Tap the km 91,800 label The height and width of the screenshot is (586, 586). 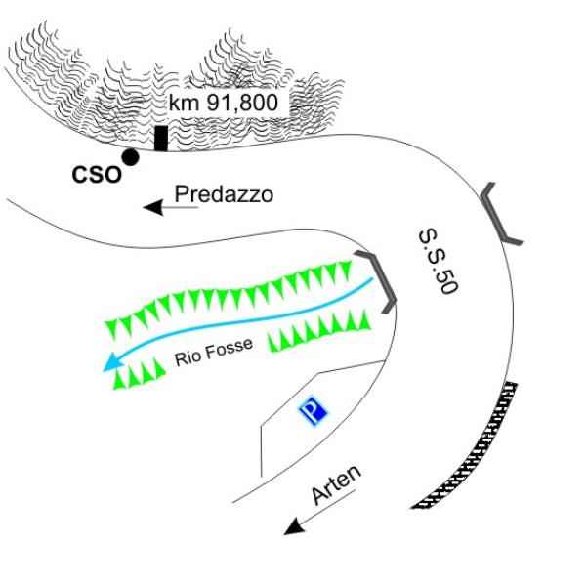pos(224,103)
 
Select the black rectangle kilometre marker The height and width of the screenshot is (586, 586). pos(160,139)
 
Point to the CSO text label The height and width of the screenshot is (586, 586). pos(97,175)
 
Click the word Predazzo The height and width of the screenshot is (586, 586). pos(224,194)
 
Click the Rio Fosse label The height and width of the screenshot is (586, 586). pos(214,351)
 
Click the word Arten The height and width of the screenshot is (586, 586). pos(337,484)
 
